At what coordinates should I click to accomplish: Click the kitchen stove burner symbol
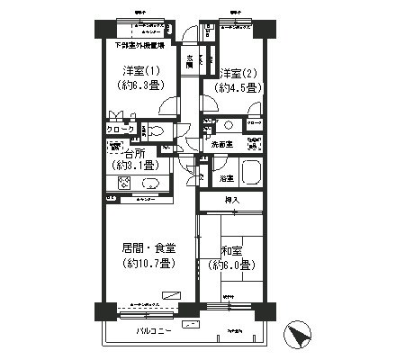[x=121, y=183]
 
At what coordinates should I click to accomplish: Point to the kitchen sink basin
[x=149, y=183]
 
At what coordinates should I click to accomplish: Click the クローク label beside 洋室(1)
[x=119, y=130]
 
